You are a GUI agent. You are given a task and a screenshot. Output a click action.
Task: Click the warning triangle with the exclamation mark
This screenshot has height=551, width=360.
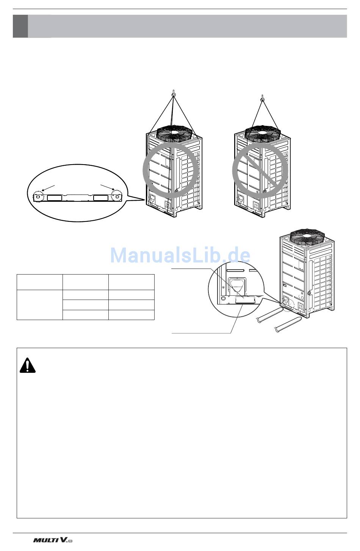(x=27, y=365)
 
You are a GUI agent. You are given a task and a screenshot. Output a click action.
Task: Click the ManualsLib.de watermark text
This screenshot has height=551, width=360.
(x=180, y=255)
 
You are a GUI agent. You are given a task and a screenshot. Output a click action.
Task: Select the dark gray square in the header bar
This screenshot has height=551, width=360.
(x=20, y=26)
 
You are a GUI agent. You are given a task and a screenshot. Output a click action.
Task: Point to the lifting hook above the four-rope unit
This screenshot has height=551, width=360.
(x=173, y=94)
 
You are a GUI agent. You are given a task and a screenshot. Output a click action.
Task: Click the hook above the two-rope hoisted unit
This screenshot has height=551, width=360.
(x=262, y=100)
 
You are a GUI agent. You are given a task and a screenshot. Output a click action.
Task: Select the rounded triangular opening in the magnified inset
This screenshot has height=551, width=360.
(x=238, y=286)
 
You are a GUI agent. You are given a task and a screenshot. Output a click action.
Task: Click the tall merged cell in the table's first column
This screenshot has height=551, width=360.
(x=39, y=305)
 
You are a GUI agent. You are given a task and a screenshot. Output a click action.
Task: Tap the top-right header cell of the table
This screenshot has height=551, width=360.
(x=131, y=282)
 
